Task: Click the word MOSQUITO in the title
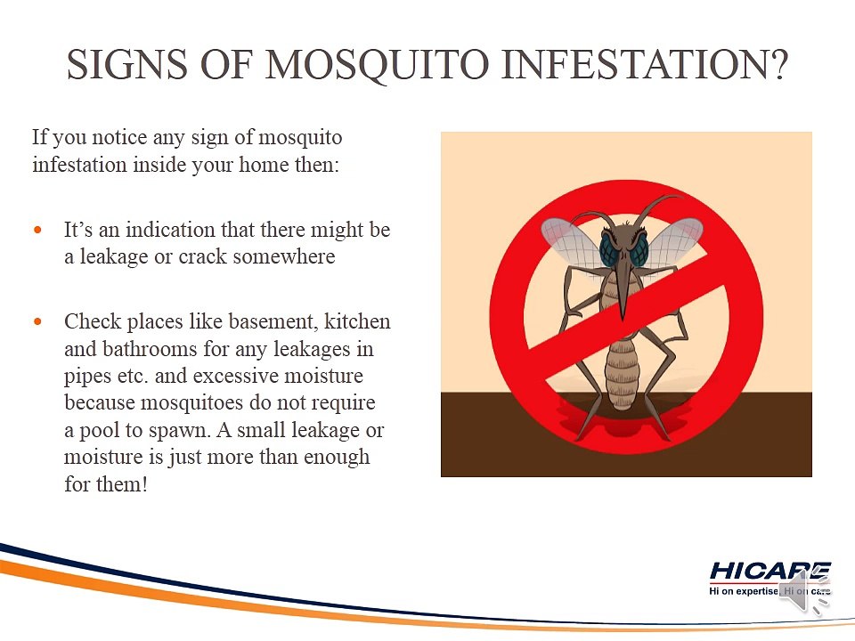coord(377,65)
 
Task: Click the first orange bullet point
coord(37,230)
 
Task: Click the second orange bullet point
coord(37,321)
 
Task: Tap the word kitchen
coord(357,321)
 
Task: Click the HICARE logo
coord(769,578)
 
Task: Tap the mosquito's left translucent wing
coord(570,239)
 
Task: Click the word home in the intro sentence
coord(264,164)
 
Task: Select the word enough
coord(337,457)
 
